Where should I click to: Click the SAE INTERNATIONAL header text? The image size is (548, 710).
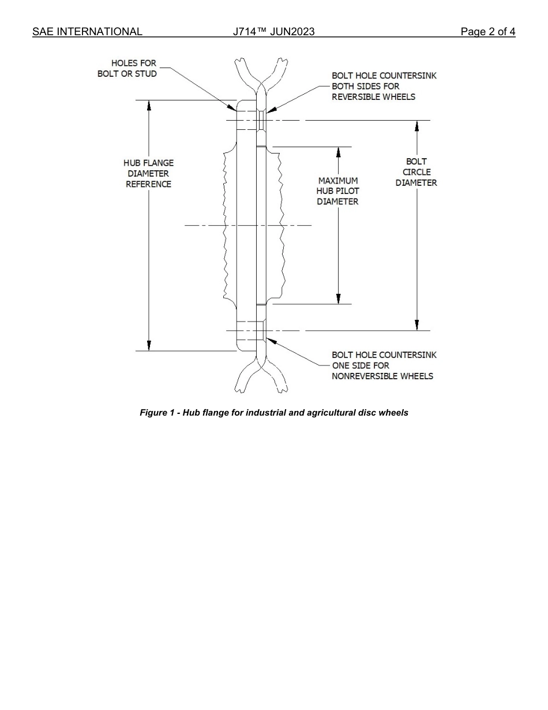(x=87, y=32)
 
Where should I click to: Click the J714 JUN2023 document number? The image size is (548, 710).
(x=274, y=32)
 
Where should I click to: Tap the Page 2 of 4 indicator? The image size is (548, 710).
(x=487, y=32)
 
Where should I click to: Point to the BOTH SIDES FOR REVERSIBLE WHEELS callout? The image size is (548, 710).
(x=384, y=86)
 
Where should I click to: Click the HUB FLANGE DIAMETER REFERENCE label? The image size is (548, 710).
(x=148, y=173)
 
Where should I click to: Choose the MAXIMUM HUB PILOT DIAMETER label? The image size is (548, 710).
(x=337, y=191)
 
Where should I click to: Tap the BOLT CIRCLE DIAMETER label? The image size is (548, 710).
(x=416, y=172)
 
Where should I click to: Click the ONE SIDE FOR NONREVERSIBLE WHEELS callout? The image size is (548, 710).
(x=384, y=365)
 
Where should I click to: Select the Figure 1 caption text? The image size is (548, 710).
(x=274, y=413)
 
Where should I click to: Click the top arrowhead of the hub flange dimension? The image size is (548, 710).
(x=149, y=106)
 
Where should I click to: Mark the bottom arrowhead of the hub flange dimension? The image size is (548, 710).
(x=149, y=345)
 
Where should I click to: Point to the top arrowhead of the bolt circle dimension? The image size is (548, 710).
(x=416, y=126)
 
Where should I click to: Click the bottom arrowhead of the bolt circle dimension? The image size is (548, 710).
(x=416, y=325)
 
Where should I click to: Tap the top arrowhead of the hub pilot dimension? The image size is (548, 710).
(x=338, y=152)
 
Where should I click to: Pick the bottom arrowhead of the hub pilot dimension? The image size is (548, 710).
(x=338, y=298)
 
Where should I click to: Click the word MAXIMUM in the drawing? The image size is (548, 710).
(x=337, y=181)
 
